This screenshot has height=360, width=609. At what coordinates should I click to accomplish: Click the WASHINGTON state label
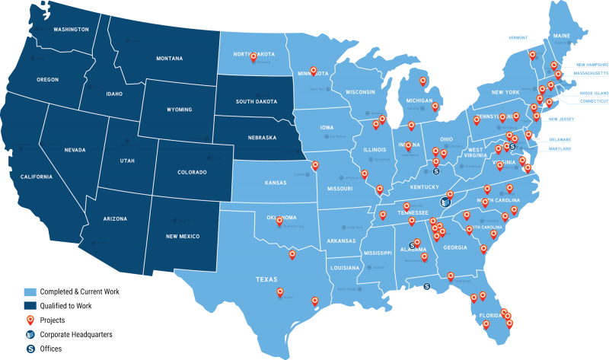[x=71, y=30]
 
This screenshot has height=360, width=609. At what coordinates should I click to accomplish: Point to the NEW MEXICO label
[x=182, y=237]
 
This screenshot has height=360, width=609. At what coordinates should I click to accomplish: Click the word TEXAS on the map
[x=266, y=279]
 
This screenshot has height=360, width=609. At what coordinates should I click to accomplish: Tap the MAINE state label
[x=561, y=36]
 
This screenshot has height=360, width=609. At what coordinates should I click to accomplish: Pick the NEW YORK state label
[x=505, y=92]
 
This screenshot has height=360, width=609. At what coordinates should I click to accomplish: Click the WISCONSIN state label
[x=360, y=92]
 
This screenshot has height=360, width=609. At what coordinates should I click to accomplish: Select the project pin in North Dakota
[x=253, y=57]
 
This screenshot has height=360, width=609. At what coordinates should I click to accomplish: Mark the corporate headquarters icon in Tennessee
[x=445, y=201]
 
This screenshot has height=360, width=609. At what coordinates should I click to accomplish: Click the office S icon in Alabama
[x=412, y=245]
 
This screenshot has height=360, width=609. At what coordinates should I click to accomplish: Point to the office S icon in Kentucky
[x=435, y=172]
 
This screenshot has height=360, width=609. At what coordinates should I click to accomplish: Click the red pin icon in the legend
[x=30, y=320]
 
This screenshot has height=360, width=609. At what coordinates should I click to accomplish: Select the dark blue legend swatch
[x=30, y=305]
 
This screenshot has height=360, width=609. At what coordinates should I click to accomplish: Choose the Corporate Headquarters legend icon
[x=30, y=334]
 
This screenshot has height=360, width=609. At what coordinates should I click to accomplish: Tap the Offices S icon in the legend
[x=30, y=349]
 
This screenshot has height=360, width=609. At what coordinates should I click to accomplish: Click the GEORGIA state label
[x=455, y=247]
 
